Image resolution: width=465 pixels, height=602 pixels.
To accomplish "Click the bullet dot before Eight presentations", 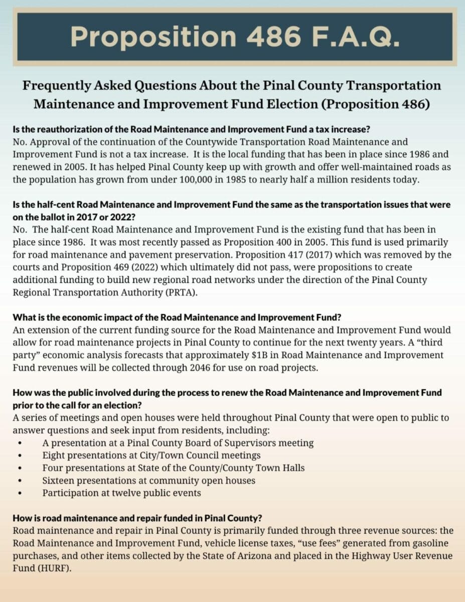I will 20,456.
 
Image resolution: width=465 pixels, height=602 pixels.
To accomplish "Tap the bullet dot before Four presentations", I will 20,468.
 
